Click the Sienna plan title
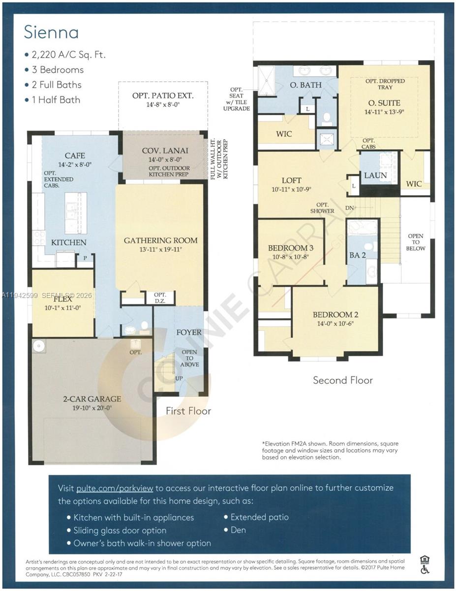(x=51, y=33)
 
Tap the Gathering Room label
(x=160, y=240)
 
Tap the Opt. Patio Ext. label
(x=163, y=95)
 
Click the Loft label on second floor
(x=291, y=180)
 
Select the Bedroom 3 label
(x=291, y=248)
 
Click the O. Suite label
(x=384, y=103)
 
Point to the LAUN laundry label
(x=375, y=175)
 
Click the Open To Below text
(x=416, y=242)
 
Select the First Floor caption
(x=188, y=411)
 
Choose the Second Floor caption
(x=343, y=380)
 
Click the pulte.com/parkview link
(x=116, y=488)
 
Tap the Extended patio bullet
(x=259, y=517)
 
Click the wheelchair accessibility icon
(x=425, y=570)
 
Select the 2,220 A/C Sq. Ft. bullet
(x=69, y=55)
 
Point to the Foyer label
(x=189, y=332)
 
